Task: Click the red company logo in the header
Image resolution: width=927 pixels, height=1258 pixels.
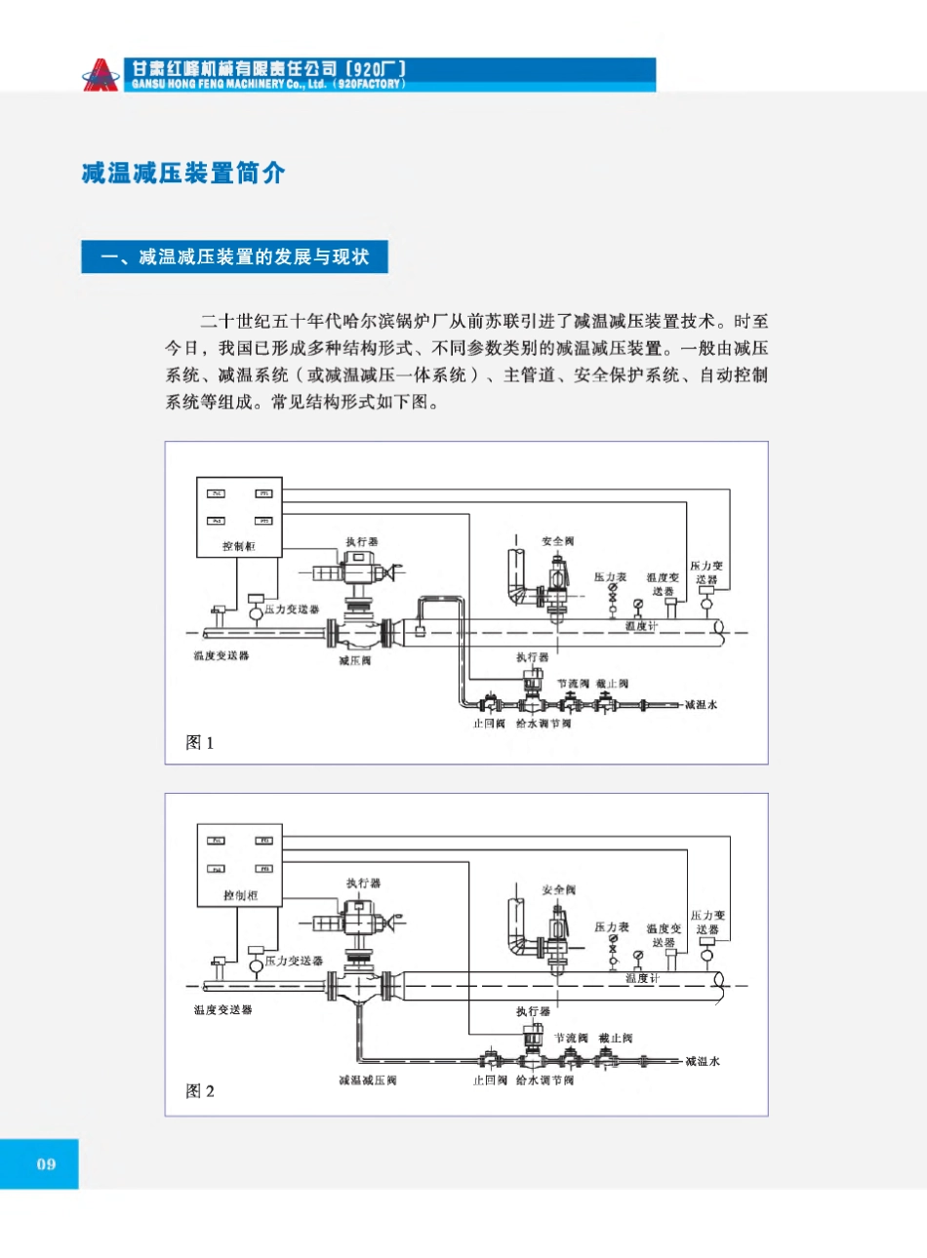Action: pos(100,75)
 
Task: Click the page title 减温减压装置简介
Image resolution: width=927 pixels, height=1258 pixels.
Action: pos(183,174)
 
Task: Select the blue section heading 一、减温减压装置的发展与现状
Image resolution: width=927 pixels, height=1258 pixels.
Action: pos(235,257)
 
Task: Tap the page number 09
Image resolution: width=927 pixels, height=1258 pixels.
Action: pos(46,1163)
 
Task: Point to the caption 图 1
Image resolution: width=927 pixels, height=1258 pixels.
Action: pos(200,743)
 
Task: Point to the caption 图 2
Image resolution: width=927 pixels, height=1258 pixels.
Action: pos(200,1091)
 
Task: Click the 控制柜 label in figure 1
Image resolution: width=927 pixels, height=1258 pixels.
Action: pos(239,547)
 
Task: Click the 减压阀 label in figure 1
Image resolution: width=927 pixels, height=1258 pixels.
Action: pos(354,661)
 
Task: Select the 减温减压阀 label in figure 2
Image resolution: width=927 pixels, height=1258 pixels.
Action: pos(368,1081)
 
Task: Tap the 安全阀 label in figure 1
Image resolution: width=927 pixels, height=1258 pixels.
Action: pos(558,541)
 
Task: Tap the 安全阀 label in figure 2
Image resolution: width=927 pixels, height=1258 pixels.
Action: pos(559,890)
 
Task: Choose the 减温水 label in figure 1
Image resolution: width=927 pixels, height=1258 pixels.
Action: pos(701,705)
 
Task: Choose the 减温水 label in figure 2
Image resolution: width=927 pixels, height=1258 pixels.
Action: pos(703,1061)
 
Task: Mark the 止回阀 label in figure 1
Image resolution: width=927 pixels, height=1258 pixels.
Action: pos(489,724)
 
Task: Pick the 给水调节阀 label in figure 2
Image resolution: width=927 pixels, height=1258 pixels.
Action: pos(544,1081)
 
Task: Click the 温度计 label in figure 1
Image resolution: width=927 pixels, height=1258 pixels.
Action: pos(641,626)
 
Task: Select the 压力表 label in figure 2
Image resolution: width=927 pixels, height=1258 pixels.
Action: pos(612,927)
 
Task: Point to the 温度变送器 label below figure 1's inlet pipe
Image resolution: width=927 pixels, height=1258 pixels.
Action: pos(222,655)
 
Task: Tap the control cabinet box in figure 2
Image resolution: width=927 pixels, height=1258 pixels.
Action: pos(240,865)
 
